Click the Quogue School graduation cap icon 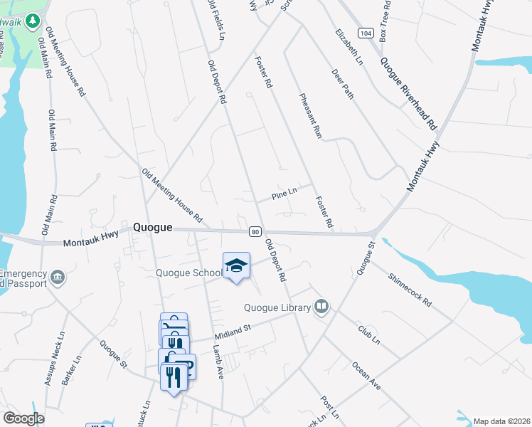[236, 265]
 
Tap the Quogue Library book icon [321, 306]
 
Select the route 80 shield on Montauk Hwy [254, 231]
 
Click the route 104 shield [366, 33]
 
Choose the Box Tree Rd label [385, 19]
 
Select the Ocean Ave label [366, 374]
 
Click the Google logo [23, 418]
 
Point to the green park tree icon [31, 21]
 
